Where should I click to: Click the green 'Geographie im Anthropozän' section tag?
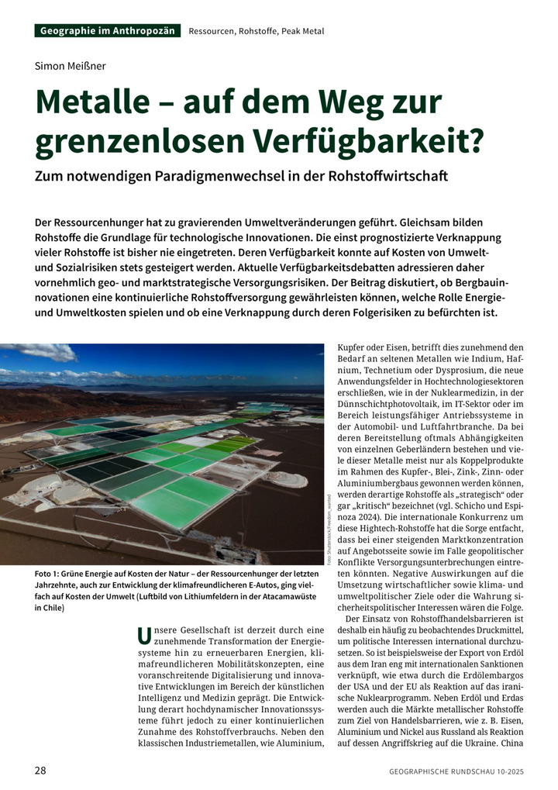pyautogui.click(x=107, y=31)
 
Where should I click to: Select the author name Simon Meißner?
pyautogui.click(x=70, y=65)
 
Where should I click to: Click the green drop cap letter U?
pyautogui.click(x=143, y=636)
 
